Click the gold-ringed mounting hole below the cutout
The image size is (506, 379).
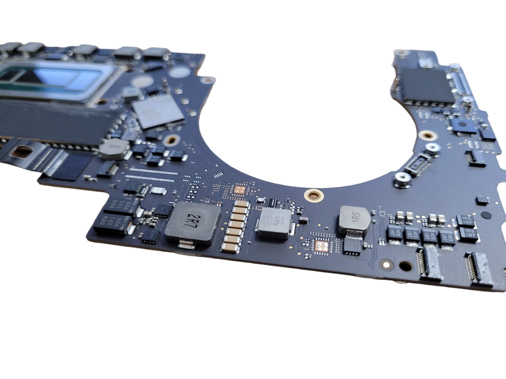point(314,195)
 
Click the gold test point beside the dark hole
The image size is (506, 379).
point(386,265)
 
